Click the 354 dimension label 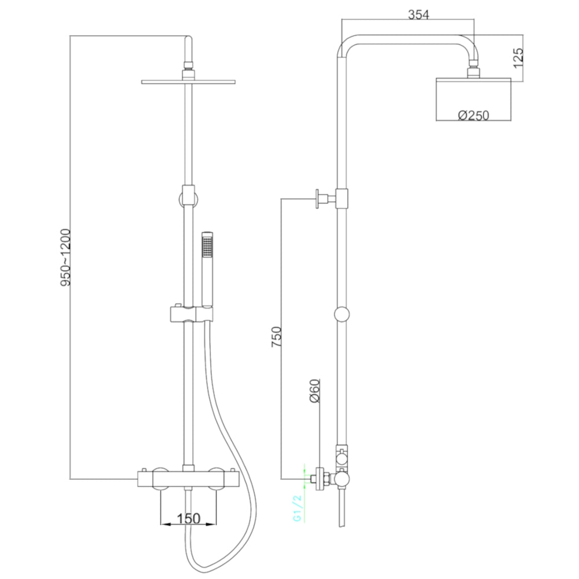[x=419, y=15]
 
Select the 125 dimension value [x=518, y=57]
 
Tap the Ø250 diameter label [x=474, y=116]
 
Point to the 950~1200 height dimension [x=65, y=258]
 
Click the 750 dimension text [x=277, y=336]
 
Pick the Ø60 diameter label [x=314, y=391]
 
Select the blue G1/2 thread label [x=298, y=508]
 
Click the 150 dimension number [x=188, y=518]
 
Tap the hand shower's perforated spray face [x=207, y=247]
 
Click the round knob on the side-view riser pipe [x=342, y=314]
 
